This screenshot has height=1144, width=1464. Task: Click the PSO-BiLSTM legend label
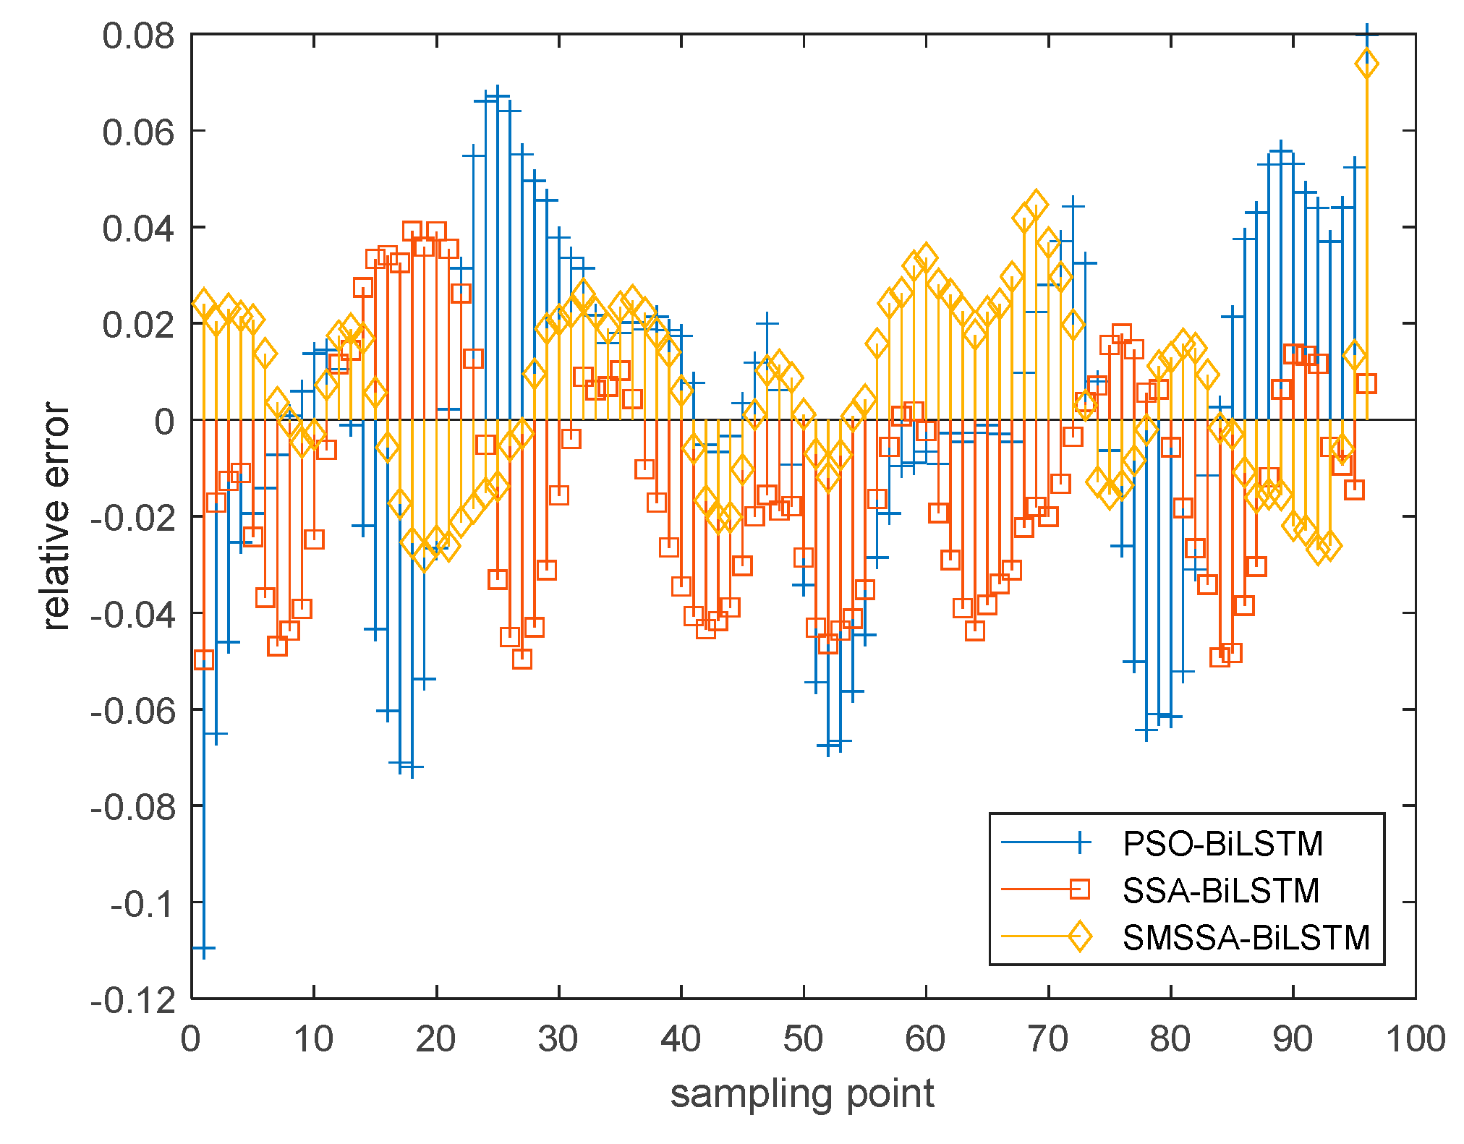[x=1222, y=844]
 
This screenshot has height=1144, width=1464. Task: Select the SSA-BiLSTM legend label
[x=1221, y=890]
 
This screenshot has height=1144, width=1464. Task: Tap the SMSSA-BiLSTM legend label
[x=1246, y=937]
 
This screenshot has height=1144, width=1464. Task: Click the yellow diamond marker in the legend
[x=1079, y=936]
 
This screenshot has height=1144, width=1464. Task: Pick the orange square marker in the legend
[x=1079, y=889]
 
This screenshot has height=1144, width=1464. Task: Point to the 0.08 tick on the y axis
[x=138, y=35]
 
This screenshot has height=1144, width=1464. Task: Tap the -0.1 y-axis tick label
[x=142, y=904]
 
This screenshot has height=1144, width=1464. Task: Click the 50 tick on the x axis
[x=803, y=1039]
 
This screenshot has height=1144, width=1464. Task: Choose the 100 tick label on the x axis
[x=1415, y=1039]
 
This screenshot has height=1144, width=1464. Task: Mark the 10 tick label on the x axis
[x=313, y=1039]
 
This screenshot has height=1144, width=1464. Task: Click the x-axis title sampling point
[x=802, y=1093]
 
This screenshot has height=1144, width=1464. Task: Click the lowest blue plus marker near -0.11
[x=204, y=947]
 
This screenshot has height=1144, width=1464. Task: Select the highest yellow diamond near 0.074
[x=1366, y=64]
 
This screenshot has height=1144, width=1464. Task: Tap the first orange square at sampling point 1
[x=204, y=659]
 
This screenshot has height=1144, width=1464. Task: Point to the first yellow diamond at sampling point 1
[x=204, y=304]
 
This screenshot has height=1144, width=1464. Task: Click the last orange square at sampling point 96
[x=1366, y=383]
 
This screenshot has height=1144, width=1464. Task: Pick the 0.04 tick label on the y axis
[x=138, y=229]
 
